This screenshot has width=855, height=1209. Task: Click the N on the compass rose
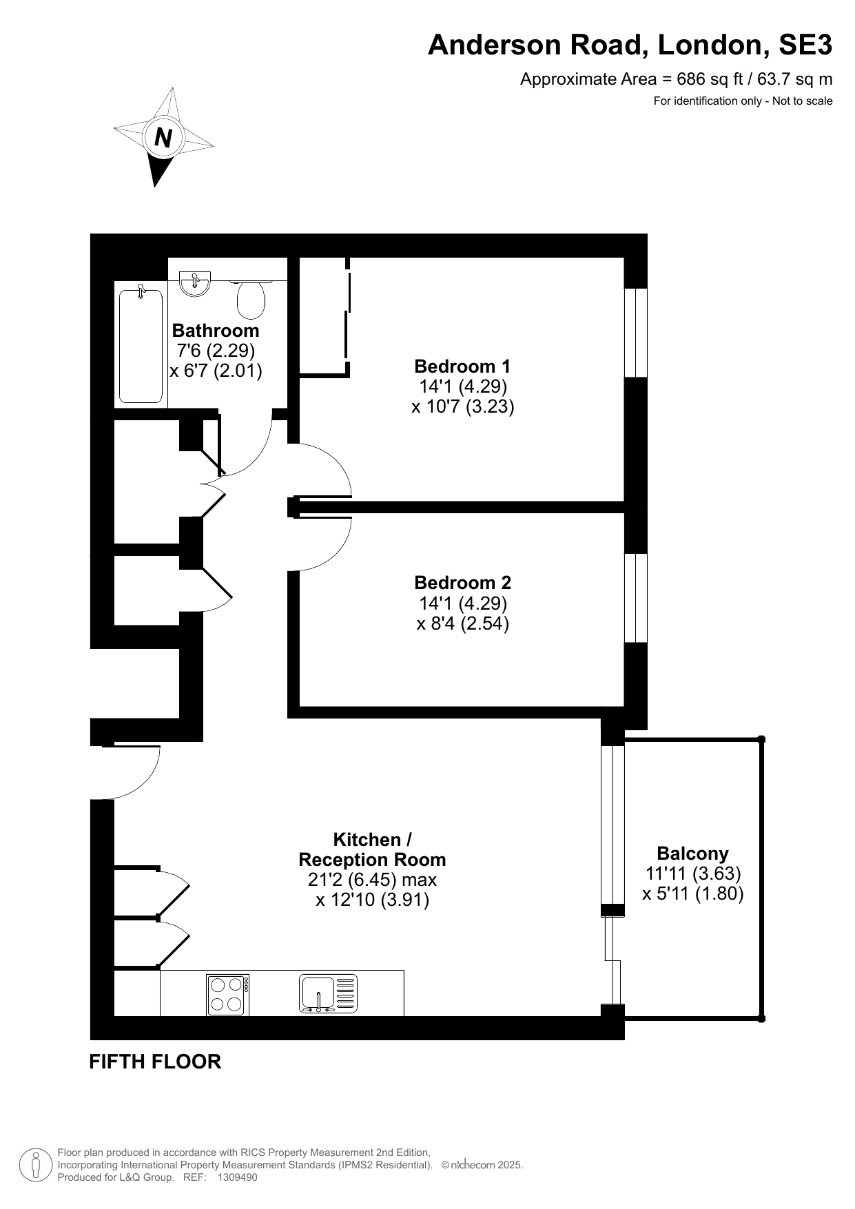pos(163,138)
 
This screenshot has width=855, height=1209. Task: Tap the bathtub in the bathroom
pos(141,346)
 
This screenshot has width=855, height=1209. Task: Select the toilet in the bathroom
pos(251,297)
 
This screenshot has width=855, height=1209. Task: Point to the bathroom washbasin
pos(194,284)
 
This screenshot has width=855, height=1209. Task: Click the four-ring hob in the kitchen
pos(228,995)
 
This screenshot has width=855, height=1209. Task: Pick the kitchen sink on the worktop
pos(328,994)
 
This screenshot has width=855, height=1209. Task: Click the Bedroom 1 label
pos(462,366)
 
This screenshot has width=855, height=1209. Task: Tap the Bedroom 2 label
pos(462,583)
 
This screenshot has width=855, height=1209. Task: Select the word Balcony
pos(692,854)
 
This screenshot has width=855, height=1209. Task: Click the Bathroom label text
pos(216,331)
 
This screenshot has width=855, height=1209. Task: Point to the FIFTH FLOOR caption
pos(155,1062)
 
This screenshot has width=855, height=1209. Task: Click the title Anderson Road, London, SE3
pos(630,45)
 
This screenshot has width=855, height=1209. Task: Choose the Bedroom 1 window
pos(636,333)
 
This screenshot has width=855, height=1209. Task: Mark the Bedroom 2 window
pos(636,598)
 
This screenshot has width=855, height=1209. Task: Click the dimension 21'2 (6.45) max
pos(372,880)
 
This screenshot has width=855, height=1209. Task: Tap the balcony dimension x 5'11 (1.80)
pos(692,894)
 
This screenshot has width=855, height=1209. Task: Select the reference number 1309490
pos(237,1177)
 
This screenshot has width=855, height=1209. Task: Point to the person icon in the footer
pos(36,1165)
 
